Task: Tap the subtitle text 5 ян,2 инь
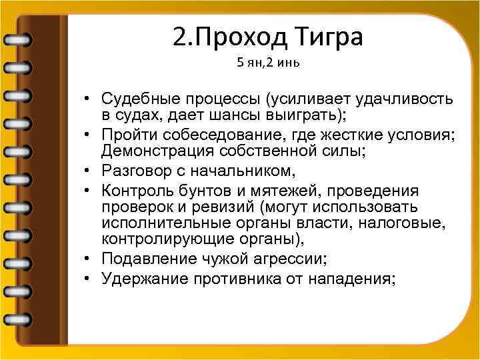point(264,65)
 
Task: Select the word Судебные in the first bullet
point(141,99)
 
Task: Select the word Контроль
point(133,191)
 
